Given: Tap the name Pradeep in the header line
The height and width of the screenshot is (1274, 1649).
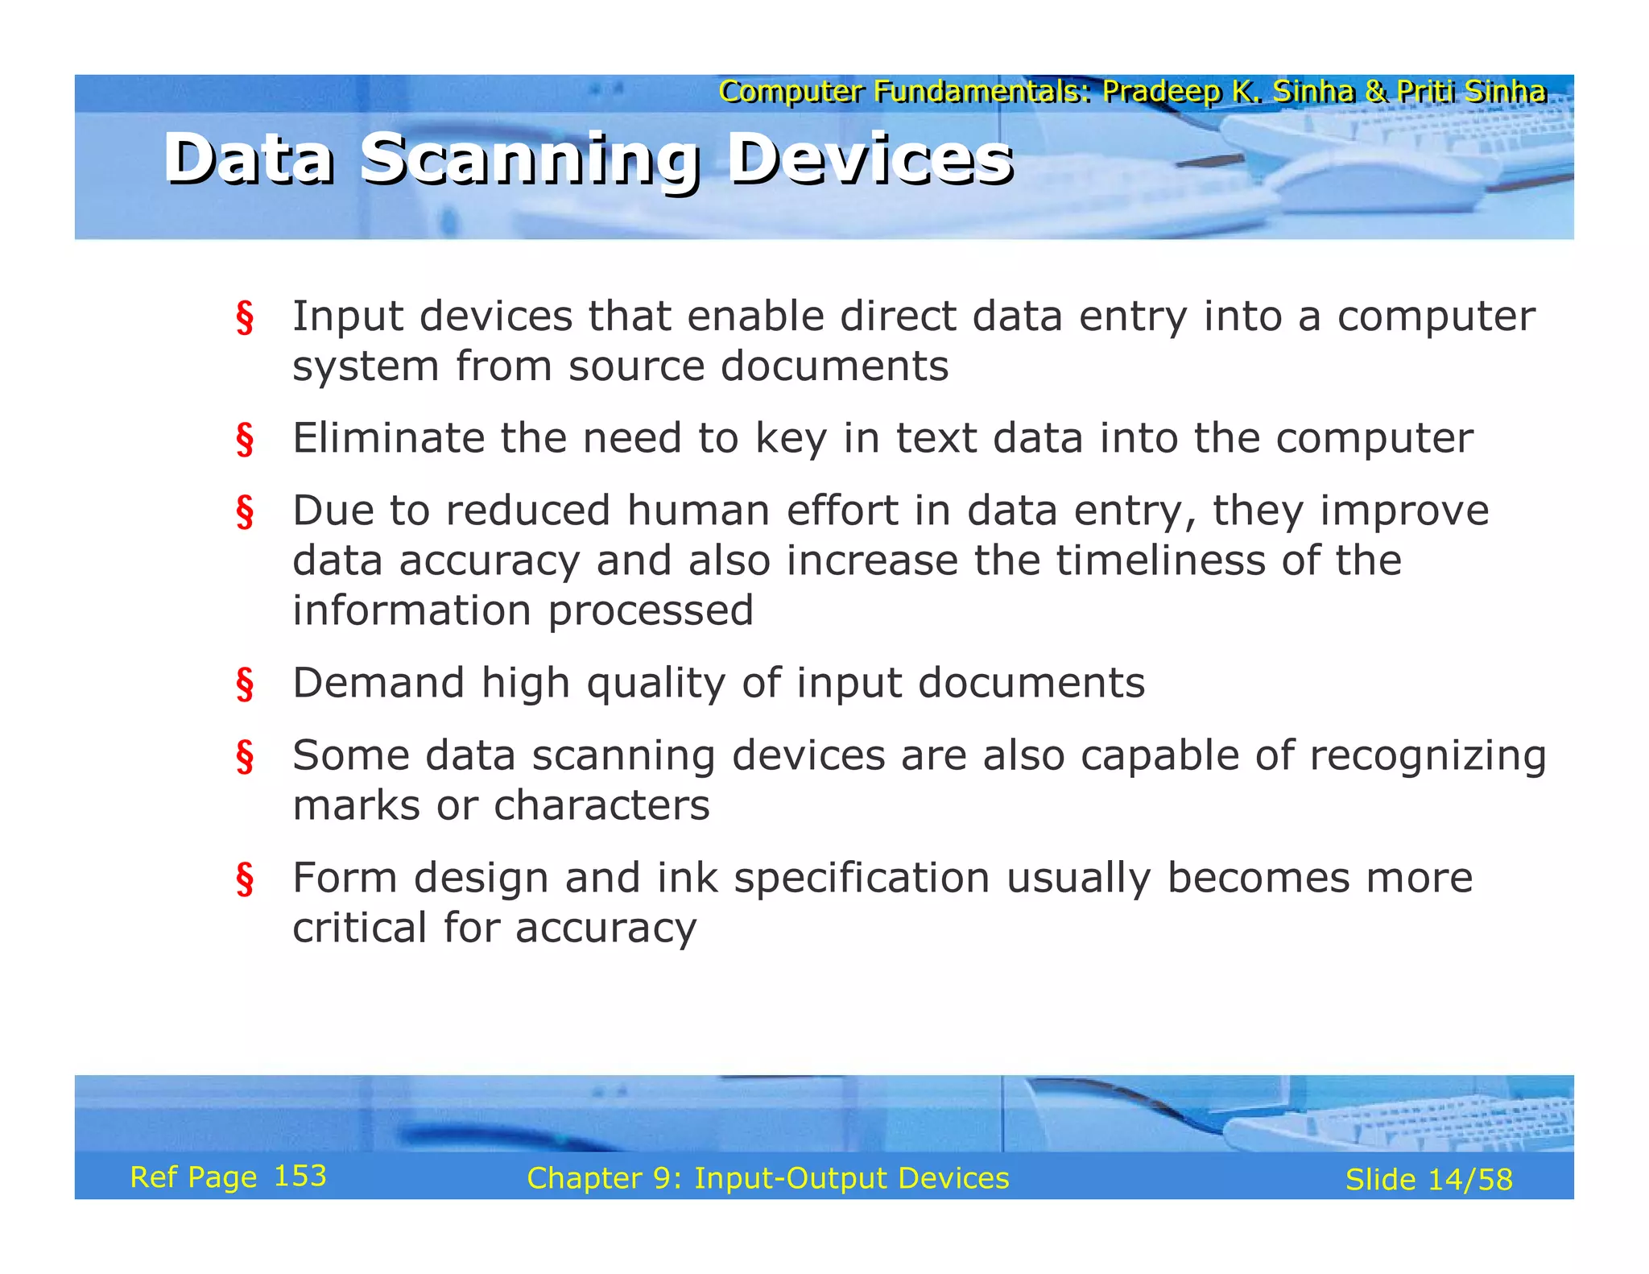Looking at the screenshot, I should [x=1161, y=92].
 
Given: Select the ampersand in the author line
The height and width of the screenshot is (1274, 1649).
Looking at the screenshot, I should [x=1375, y=92].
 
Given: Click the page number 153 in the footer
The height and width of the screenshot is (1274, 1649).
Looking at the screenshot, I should [x=300, y=1177].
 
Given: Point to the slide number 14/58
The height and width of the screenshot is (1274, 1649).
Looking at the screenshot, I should [x=1470, y=1180].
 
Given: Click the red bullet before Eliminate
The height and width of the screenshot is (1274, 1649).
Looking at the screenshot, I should [x=245, y=440].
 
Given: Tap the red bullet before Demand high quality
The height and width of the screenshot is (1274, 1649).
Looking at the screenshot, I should [x=245, y=685].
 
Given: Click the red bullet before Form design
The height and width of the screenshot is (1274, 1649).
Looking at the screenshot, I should [x=245, y=879].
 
